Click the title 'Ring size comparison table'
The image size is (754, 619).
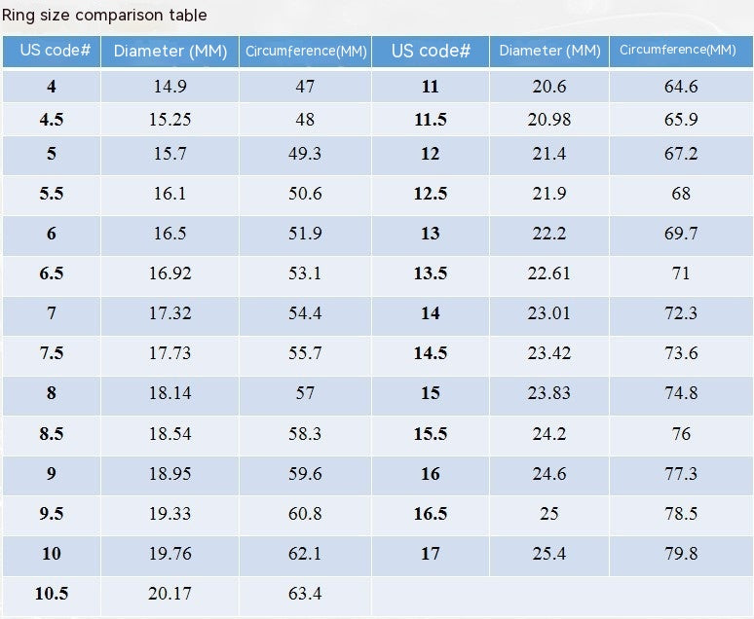(104, 15)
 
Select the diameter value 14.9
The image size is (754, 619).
(170, 87)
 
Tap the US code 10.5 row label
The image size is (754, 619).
(52, 594)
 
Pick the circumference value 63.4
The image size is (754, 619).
(305, 594)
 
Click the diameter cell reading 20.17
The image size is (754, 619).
(170, 594)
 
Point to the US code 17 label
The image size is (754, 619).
(431, 554)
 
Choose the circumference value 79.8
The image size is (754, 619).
(681, 554)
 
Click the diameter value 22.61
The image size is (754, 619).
(549, 273)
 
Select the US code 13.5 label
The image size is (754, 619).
(431, 273)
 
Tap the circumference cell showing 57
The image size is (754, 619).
(305, 393)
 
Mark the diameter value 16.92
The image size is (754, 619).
(170, 273)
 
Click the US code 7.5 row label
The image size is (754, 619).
(52, 353)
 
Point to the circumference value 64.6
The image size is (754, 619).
(681, 87)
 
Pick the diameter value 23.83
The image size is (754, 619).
(549, 393)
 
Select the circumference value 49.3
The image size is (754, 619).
(305, 154)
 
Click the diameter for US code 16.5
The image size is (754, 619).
(549, 514)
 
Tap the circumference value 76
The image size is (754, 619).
(681, 434)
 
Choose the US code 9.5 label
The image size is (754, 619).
(52, 514)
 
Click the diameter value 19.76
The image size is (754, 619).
(170, 554)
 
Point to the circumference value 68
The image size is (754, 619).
(681, 194)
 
